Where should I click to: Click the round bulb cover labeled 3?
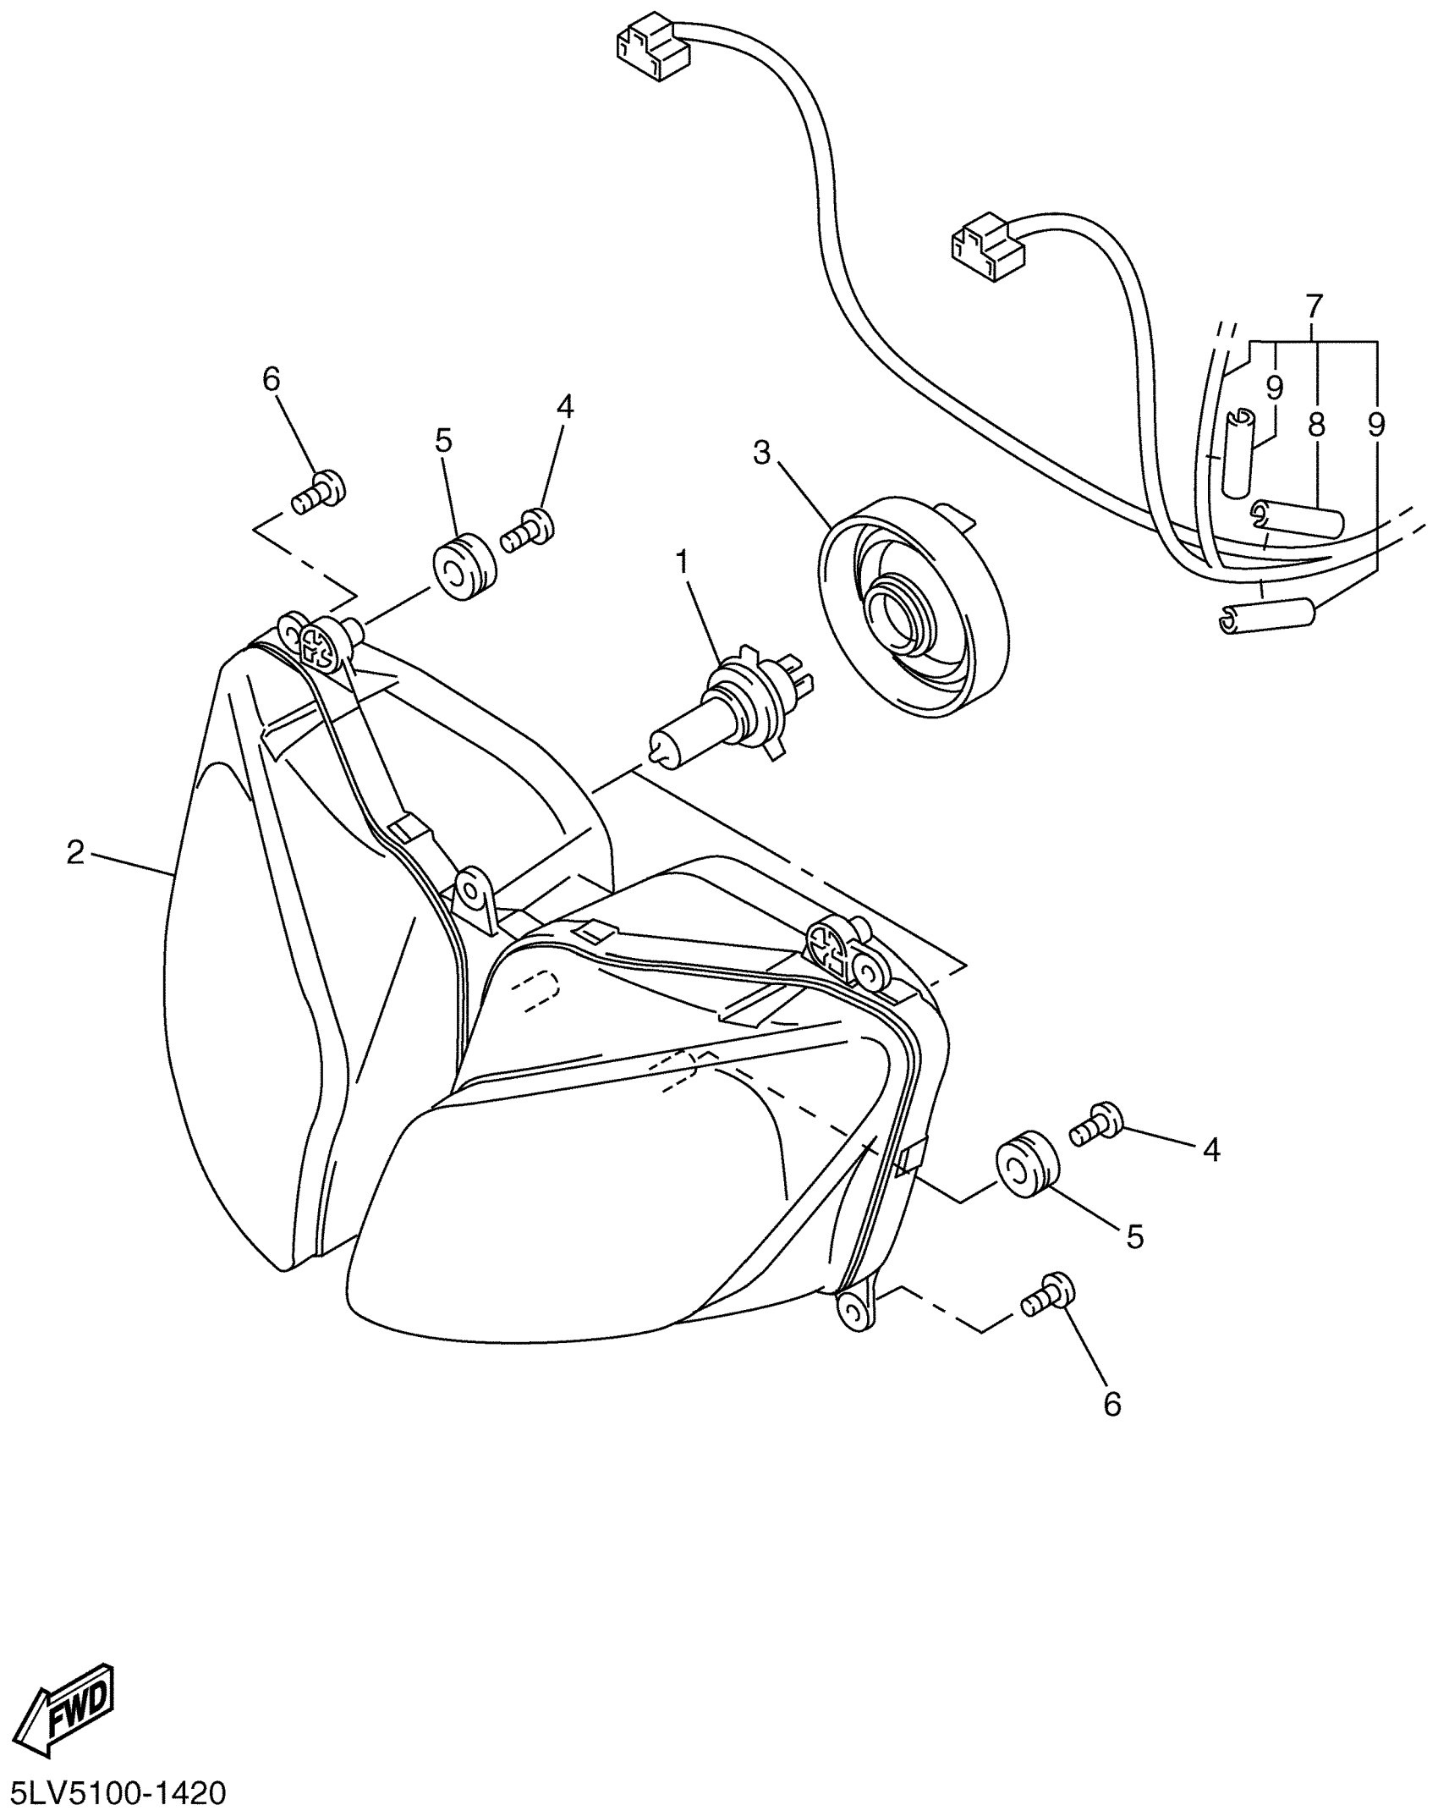click(914, 606)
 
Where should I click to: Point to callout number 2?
click(76, 853)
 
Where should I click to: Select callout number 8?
click(1315, 425)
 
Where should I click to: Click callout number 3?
click(762, 454)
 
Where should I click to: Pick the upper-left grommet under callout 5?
click(464, 567)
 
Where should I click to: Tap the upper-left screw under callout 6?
click(319, 493)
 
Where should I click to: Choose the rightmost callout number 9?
click(1376, 425)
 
